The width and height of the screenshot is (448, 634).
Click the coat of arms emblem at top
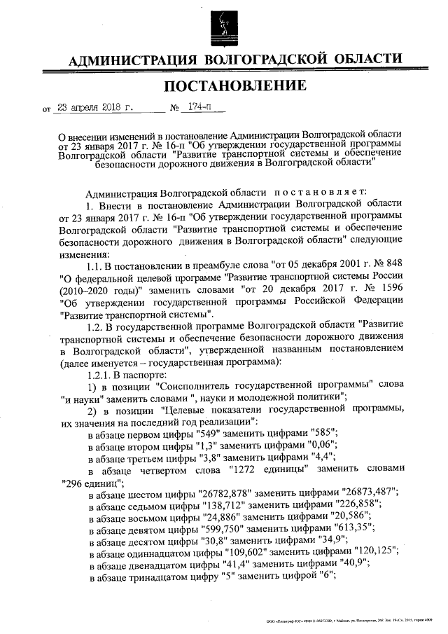pos(223,25)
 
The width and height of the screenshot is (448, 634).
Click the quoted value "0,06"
pos(320,446)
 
